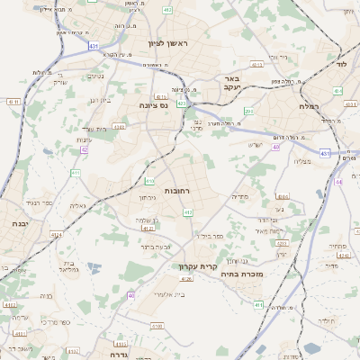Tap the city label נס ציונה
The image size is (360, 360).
point(157,105)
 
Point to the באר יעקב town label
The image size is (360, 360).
point(229,84)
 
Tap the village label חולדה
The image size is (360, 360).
point(326,320)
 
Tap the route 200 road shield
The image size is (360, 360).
point(248,112)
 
